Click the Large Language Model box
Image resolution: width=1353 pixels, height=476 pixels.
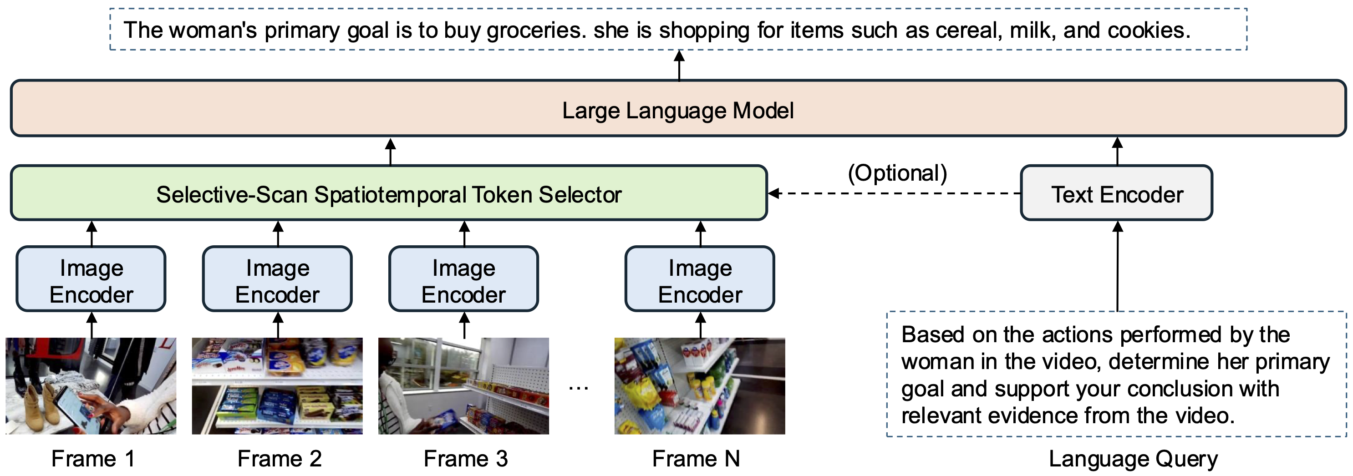[x=677, y=109]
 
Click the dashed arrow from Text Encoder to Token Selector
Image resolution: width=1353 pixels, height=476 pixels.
[x=893, y=194]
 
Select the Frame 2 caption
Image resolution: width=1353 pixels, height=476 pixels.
[x=279, y=459]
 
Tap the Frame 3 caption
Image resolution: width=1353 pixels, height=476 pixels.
[x=465, y=459]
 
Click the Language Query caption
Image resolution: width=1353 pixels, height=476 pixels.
[x=1133, y=459]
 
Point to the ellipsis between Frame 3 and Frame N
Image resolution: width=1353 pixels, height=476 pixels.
[x=578, y=388]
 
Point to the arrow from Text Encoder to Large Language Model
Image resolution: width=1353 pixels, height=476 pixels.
[x=1117, y=151]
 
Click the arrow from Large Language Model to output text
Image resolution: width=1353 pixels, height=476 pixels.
[x=679, y=65]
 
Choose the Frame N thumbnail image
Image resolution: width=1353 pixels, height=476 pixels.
[x=700, y=386]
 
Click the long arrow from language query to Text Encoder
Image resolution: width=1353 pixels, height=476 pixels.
[x=1117, y=268]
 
